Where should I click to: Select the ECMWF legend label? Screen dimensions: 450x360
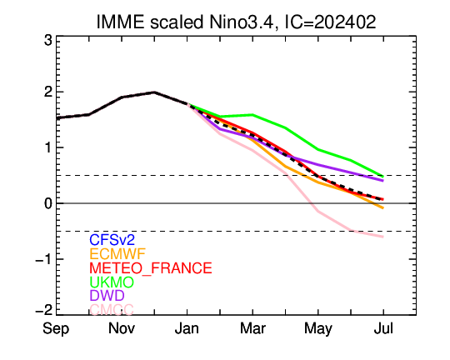click(x=117, y=254)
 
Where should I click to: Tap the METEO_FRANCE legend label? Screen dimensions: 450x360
click(x=151, y=267)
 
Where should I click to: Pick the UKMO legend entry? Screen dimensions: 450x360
click(x=112, y=282)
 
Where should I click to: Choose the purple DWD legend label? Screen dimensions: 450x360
click(x=107, y=295)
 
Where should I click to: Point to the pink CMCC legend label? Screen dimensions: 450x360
click(x=112, y=309)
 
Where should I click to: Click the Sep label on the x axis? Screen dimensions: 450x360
click(x=56, y=329)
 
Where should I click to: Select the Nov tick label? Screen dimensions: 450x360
click(x=122, y=328)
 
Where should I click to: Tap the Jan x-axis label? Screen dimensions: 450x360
click(x=187, y=328)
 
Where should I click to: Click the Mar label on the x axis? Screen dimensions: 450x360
click(x=252, y=328)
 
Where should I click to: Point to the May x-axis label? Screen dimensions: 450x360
click(x=318, y=329)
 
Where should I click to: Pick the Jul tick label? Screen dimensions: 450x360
click(x=383, y=328)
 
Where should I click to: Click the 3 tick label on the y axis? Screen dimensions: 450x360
click(x=48, y=41)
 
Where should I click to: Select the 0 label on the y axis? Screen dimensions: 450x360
click(x=48, y=203)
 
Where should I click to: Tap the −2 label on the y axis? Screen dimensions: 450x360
click(x=44, y=310)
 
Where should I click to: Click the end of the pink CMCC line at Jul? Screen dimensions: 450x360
click(x=383, y=237)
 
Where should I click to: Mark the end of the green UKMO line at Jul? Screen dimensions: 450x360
click(x=383, y=176)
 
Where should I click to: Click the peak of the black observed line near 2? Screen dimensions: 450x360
click(x=154, y=92)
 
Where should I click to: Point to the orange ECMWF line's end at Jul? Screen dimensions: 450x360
click(x=383, y=207)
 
